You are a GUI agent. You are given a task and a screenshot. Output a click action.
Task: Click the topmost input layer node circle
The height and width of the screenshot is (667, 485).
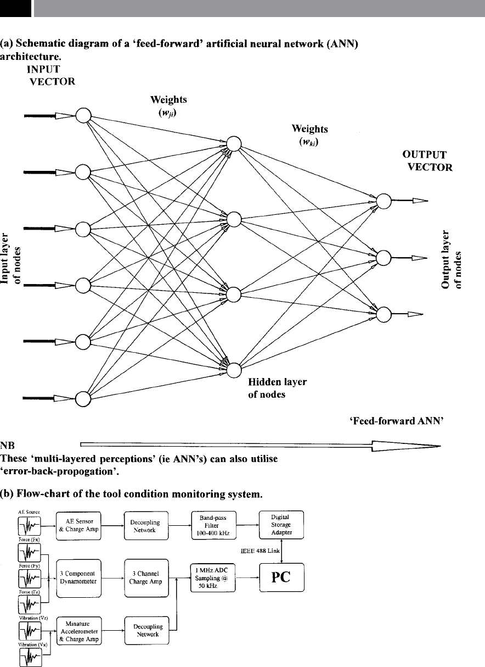point(83,116)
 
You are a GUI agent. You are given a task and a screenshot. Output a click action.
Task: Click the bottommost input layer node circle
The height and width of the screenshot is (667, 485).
point(83,398)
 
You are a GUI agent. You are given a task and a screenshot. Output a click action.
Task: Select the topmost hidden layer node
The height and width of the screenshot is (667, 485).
point(234,143)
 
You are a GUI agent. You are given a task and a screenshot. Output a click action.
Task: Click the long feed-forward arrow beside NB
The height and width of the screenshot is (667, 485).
point(261,445)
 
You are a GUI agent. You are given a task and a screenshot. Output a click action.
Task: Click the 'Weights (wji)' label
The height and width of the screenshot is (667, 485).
point(168,105)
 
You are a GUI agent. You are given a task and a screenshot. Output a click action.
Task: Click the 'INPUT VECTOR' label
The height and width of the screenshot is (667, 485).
point(53,76)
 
